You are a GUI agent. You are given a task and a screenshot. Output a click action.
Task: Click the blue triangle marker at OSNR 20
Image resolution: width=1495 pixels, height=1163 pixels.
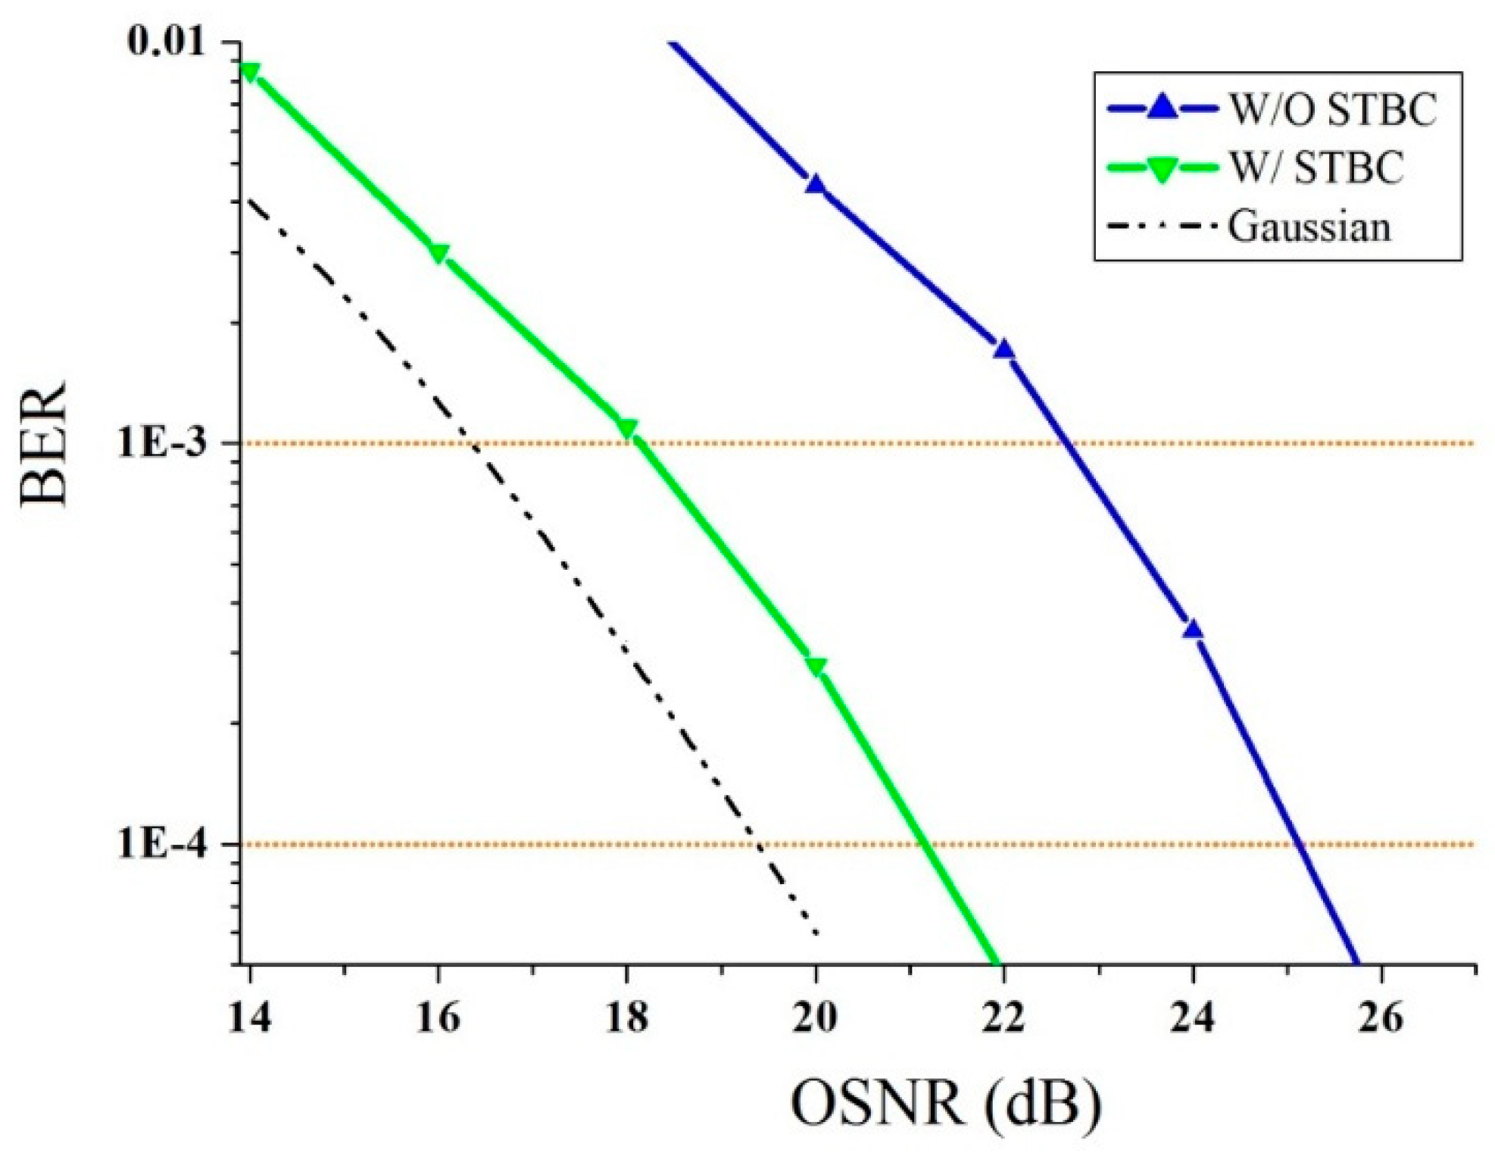click(815, 183)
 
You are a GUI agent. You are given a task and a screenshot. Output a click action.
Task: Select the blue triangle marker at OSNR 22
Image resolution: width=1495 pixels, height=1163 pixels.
click(1004, 349)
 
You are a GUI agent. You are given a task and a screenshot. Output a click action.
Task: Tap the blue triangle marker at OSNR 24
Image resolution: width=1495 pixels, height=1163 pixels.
click(1194, 629)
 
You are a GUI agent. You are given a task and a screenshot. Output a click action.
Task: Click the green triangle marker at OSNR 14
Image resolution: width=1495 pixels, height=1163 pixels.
click(249, 72)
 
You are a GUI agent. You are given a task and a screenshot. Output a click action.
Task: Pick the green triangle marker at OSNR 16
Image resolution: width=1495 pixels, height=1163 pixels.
click(439, 253)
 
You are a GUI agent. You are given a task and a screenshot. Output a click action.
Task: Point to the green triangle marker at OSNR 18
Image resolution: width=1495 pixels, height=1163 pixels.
click(627, 429)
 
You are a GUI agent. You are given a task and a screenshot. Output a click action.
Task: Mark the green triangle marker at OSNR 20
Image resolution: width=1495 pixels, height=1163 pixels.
click(816, 667)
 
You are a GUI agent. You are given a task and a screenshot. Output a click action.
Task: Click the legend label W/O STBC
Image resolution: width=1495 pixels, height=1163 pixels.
click(1332, 109)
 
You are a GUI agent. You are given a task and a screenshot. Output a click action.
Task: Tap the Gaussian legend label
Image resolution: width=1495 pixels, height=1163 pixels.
click(1309, 226)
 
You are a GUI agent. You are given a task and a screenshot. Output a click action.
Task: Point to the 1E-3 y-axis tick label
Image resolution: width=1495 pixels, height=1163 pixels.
click(161, 442)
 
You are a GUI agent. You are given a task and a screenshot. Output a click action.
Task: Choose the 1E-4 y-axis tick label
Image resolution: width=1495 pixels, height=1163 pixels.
click(161, 843)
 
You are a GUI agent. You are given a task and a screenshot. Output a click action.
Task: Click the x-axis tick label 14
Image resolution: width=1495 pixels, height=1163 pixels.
click(249, 1018)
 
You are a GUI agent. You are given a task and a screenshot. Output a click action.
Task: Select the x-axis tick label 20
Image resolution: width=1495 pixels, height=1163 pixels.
click(815, 1018)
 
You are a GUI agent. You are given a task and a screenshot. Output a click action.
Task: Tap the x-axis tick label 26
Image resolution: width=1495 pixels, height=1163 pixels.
click(1381, 1018)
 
